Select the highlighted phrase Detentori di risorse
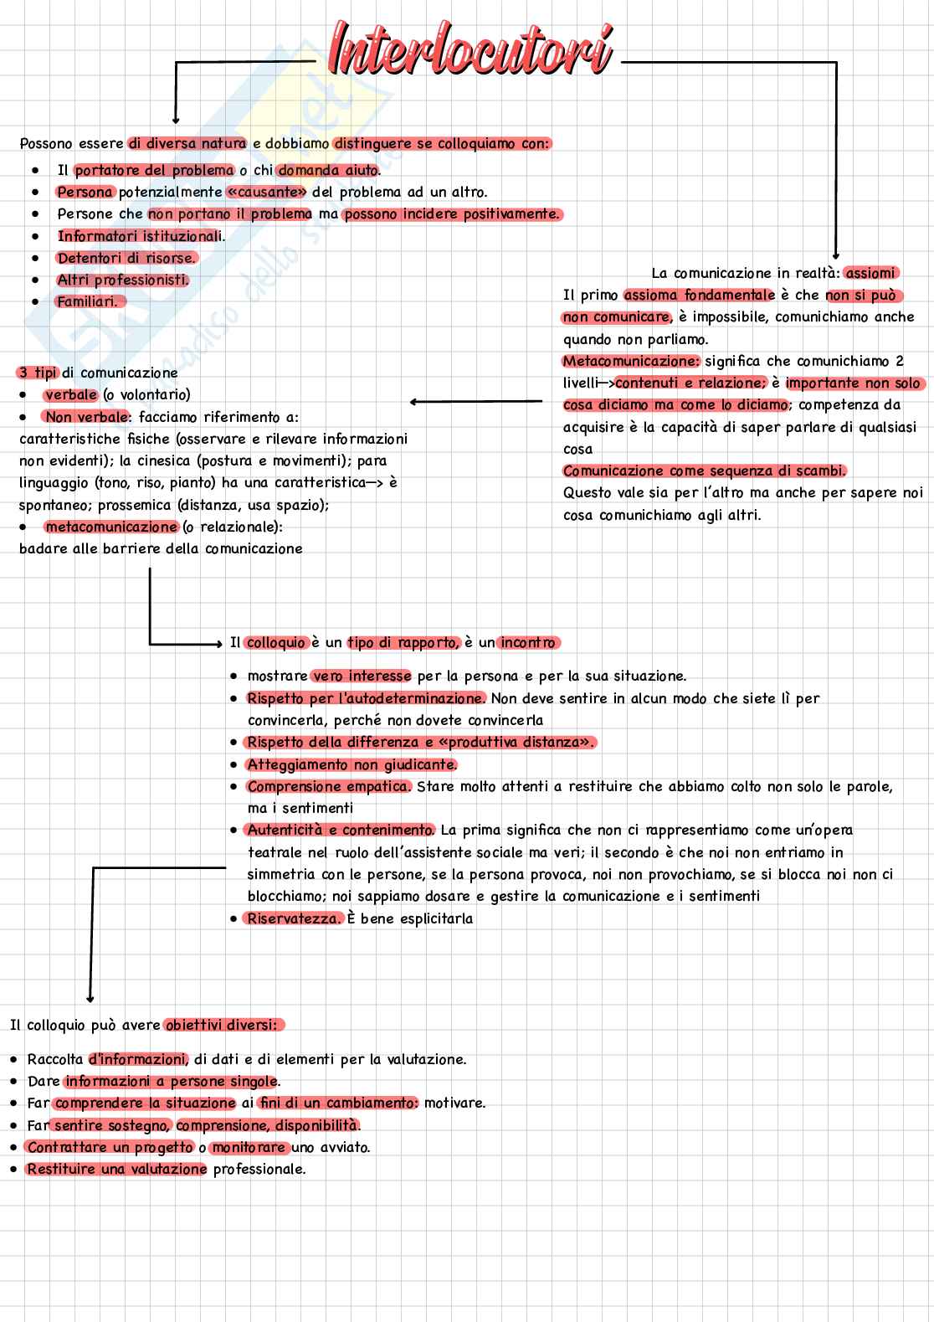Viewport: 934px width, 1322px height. click(x=126, y=258)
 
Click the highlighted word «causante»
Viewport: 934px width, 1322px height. click(x=267, y=193)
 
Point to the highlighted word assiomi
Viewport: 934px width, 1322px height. click(x=871, y=273)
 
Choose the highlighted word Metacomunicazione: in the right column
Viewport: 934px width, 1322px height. click(x=631, y=361)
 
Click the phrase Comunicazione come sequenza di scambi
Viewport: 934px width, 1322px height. click(x=705, y=471)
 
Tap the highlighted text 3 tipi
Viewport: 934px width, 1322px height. click(x=36, y=373)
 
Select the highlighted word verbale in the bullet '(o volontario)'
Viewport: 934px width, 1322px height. click(x=71, y=394)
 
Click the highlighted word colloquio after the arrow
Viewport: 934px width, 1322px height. click(x=277, y=642)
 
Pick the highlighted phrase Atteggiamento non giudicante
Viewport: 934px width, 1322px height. click(x=352, y=764)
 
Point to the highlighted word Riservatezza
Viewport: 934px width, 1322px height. click(x=294, y=918)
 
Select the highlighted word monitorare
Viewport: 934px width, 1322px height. click(x=249, y=1147)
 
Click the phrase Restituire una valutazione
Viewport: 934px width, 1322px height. click(x=116, y=1169)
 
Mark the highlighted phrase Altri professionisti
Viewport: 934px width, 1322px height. click(x=123, y=280)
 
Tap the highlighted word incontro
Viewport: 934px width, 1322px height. click(x=528, y=642)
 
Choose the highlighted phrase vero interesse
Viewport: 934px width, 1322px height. click(x=362, y=676)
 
